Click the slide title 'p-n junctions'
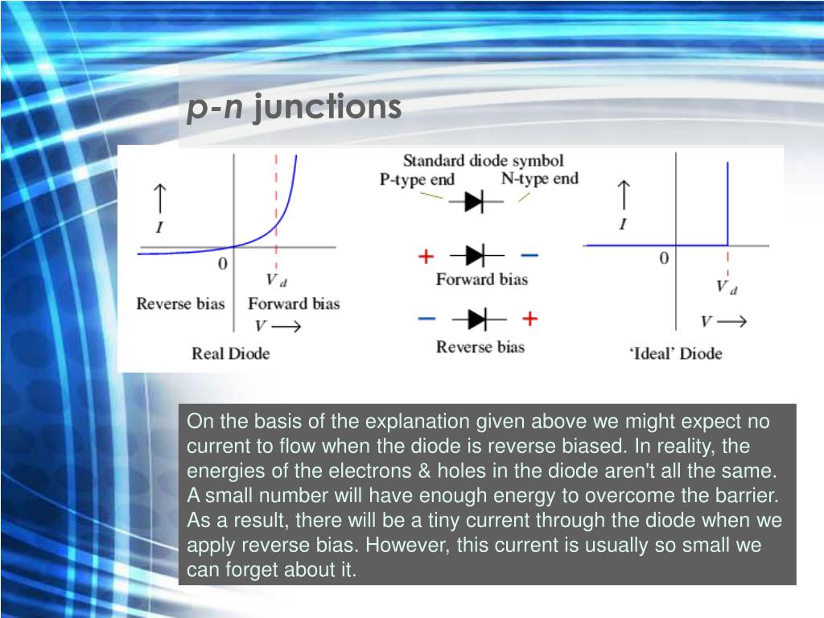(x=295, y=108)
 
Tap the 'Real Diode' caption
(x=231, y=353)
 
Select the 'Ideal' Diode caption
(x=676, y=353)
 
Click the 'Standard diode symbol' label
(x=483, y=160)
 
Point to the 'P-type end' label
(x=418, y=179)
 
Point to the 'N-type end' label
(x=540, y=179)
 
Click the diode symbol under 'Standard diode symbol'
(x=476, y=201)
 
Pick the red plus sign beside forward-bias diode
(x=426, y=256)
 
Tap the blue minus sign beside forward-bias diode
(x=529, y=256)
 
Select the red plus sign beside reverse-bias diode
(x=529, y=319)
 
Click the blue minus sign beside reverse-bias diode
(x=426, y=319)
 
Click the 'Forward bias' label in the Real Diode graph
(x=294, y=303)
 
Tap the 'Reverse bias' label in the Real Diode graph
(x=180, y=303)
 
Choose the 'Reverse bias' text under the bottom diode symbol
(x=480, y=347)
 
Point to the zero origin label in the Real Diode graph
(x=223, y=263)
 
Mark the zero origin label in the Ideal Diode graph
(x=664, y=258)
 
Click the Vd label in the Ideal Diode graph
(x=727, y=287)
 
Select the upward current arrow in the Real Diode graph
(x=160, y=198)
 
